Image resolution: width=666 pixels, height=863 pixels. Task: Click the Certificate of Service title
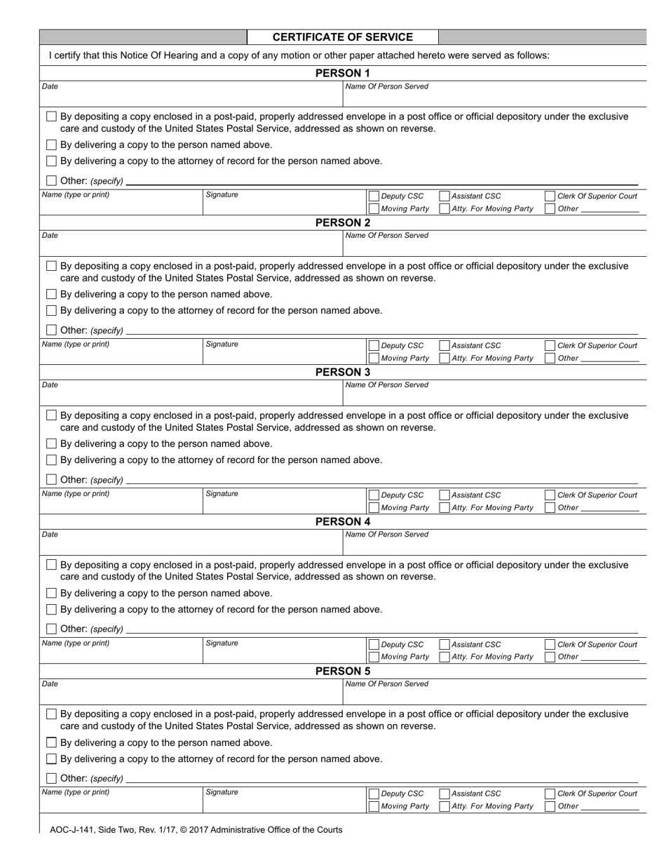click(342, 37)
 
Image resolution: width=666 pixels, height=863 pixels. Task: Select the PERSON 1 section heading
click(342, 73)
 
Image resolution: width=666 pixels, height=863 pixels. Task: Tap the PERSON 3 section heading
click(342, 372)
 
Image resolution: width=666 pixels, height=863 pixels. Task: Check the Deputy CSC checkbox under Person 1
click(374, 196)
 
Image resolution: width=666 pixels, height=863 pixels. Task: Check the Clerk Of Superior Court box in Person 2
click(550, 346)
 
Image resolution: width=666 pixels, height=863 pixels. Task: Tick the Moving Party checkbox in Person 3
click(374, 507)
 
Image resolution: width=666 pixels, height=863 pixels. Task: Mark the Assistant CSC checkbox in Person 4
click(444, 645)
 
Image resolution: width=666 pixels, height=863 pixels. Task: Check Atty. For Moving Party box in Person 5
click(444, 806)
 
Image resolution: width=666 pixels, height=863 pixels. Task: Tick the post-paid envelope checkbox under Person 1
click(51, 117)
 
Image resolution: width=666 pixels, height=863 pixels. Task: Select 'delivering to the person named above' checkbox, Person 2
click(51, 295)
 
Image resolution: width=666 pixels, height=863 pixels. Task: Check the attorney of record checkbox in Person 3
click(51, 460)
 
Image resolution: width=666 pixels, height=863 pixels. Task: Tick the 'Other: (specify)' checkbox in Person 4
click(51, 629)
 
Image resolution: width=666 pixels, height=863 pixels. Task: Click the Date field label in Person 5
click(50, 683)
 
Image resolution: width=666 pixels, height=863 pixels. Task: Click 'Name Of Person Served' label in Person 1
click(386, 86)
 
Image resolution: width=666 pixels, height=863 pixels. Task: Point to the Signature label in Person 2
click(222, 344)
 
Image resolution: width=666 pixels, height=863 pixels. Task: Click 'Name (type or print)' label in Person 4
click(76, 643)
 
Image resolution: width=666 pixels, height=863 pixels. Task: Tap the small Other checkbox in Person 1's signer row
click(550, 209)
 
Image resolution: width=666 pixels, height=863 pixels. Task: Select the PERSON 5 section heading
click(342, 671)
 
